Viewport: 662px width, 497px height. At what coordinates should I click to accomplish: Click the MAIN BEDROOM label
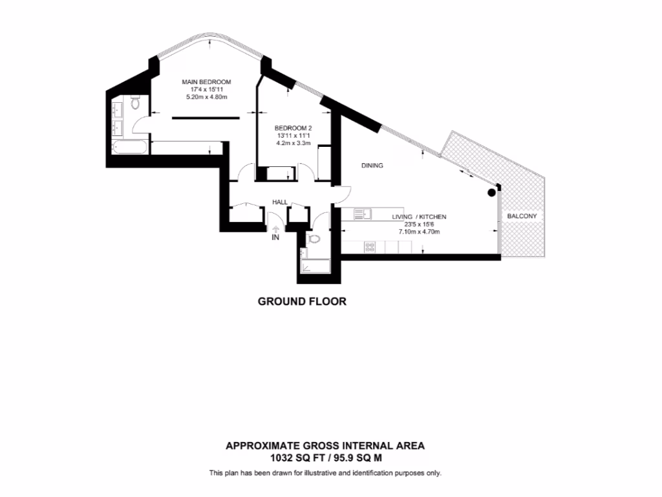point(206,82)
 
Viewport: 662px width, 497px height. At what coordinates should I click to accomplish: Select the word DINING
point(372,166)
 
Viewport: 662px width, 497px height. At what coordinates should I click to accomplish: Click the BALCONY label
point(522,216)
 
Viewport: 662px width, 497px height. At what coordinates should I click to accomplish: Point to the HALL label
point(280,203)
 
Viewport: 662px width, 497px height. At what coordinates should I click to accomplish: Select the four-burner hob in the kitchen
point(372,247)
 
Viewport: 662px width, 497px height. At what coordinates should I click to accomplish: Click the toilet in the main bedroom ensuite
point(135,102)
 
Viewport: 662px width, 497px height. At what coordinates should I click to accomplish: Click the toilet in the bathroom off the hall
point(314,239)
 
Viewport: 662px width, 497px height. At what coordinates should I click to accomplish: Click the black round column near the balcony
point(492,192)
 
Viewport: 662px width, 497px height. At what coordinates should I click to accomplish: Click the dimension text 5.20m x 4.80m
point(206,97)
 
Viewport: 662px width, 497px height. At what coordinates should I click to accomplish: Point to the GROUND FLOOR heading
point(302,302)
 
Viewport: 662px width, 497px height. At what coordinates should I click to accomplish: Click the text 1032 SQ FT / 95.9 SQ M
point(325,458)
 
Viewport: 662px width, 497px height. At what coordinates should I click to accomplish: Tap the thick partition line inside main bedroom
point(206,118)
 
